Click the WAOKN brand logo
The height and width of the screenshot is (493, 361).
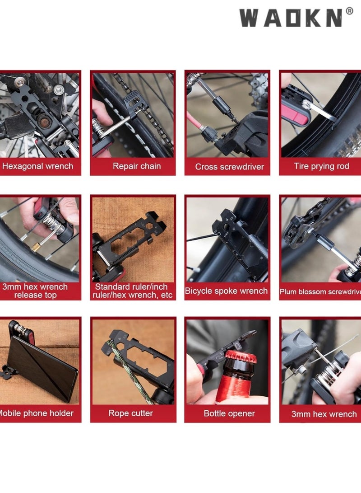[291, 18]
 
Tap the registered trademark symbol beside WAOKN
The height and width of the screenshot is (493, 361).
[349, 11]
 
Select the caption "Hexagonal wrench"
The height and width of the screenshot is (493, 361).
[37, 166]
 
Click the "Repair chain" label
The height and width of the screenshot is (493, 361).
[136, 166]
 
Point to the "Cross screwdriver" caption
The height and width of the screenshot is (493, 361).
[229, 167]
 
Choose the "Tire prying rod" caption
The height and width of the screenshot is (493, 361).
[321, 166]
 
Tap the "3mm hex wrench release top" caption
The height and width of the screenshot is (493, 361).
[35, 291]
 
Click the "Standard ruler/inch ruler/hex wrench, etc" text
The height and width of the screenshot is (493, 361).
[133, 291]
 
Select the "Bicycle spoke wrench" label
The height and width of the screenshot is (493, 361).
[227, 291]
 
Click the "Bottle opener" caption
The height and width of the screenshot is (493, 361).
[229, 413]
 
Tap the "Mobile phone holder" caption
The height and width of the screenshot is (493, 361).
[36, 413]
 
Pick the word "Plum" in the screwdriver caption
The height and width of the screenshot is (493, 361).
[289, 292]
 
